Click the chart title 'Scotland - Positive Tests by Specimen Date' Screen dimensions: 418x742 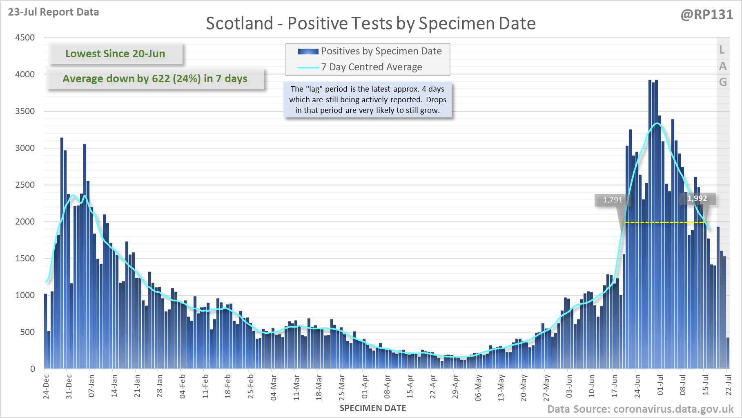pos(370,23)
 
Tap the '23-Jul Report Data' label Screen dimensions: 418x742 pos(53,12)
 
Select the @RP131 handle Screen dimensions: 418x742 pos(706,15)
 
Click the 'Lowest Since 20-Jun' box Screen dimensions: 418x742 pos(115,54)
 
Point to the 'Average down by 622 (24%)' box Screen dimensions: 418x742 pos(155,79)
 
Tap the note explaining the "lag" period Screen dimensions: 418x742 pos(368,99)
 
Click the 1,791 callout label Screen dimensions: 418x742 pos(613,200)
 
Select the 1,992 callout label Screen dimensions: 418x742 pos(697,198)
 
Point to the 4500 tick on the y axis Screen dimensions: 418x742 pos(25,38)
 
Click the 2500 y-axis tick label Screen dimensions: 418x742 pos(25,185)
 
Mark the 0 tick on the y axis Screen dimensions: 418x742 pos(33,369)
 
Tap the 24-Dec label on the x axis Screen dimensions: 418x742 pos(46,386)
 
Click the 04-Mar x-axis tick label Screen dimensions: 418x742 pos(273,387)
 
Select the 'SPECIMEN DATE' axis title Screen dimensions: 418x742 pos(372,408)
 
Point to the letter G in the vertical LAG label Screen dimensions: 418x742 pos(723,82)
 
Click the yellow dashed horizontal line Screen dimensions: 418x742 pos(664,222)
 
